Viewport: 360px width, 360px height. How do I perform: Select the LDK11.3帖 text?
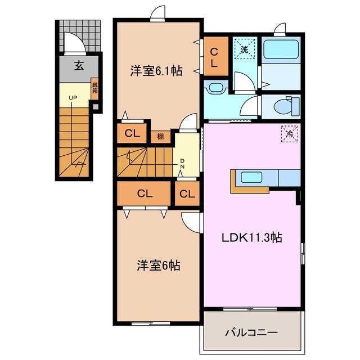tap(250, 237)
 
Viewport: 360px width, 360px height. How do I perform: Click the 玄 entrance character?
tap(79, 65)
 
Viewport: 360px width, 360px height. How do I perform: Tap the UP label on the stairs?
tap(73, 98)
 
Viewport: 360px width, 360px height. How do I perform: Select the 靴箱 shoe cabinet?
tap(94, 89)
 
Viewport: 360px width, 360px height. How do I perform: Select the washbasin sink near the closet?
tap(215, 87)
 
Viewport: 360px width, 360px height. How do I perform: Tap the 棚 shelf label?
tap(160, 136)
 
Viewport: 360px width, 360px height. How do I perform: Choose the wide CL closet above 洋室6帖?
tap(145, 194)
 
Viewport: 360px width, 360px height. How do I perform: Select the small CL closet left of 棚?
tap(132, 134)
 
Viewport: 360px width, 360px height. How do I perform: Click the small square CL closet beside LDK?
tap(187, 195)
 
